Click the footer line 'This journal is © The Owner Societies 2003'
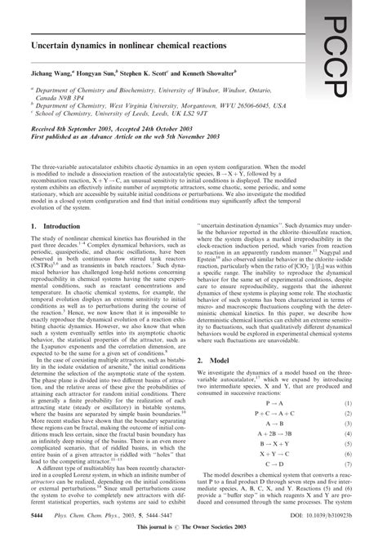coord(193,549)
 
